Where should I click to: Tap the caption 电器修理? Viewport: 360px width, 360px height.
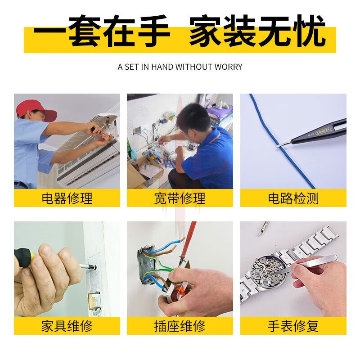click(x=67, y=198)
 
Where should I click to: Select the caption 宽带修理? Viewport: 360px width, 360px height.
click(x=180, y=198)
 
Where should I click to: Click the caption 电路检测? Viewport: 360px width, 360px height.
click(x=293, y=198)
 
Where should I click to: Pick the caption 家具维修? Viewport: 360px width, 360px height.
click(x=67, y=326)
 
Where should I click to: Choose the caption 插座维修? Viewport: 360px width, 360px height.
click(x=180, y=326)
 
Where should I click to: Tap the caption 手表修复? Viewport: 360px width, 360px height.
click(x=293, y=326)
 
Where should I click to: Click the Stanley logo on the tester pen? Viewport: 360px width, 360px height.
click(x=323, y=131)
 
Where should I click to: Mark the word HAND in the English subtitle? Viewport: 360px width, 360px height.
click(x=162, y=67)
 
